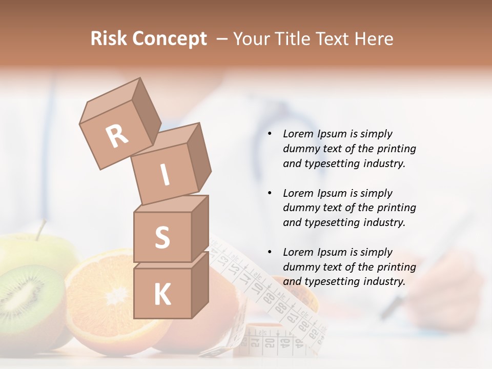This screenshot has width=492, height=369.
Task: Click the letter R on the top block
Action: click(117, 136)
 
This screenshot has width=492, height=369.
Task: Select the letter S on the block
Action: click(162, 237)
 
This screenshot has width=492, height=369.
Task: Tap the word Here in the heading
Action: click(373, 39)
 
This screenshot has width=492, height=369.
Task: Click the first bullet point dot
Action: click(270, 134)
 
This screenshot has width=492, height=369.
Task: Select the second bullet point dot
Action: click(270, 194)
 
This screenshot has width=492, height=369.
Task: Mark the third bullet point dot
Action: click(270, 253)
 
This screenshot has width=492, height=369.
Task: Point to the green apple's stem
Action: click(40, 229)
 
